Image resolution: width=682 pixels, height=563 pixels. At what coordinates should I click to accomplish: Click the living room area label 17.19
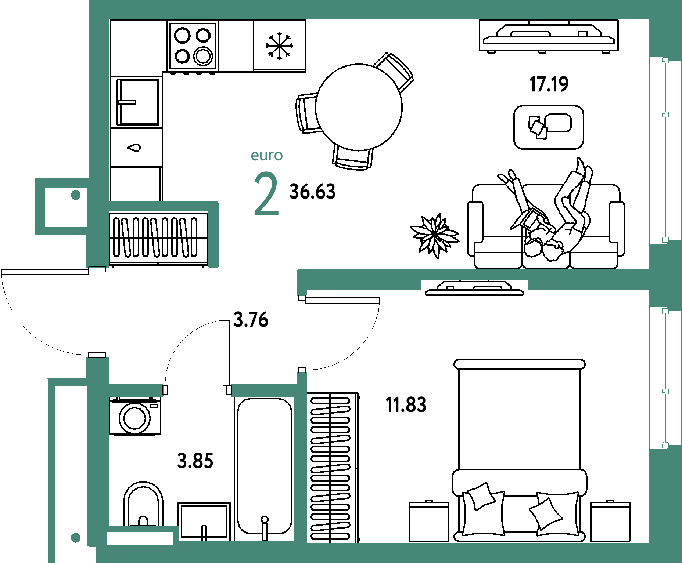549,84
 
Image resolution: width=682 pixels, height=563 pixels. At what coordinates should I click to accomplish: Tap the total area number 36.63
312,192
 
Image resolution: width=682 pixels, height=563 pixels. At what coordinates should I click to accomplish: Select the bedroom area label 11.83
406,405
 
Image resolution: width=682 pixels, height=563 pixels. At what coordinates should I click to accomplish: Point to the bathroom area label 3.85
195,461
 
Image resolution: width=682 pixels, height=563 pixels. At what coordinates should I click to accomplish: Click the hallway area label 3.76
251,319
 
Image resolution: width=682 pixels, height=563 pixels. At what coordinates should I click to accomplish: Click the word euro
267,156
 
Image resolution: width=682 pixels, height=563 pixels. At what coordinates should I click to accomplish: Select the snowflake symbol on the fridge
279,46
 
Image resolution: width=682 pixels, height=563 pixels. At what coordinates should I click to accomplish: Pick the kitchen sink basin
138,102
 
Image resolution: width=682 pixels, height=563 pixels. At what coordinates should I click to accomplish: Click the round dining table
359,107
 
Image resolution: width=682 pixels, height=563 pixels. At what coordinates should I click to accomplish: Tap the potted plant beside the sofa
434,235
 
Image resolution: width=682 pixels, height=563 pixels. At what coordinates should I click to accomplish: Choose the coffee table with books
549,127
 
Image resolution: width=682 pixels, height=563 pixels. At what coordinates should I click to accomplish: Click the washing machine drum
135,418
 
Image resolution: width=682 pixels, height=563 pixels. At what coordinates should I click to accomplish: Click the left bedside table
429,521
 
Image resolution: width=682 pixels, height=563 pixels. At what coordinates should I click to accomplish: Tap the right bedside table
610,521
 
